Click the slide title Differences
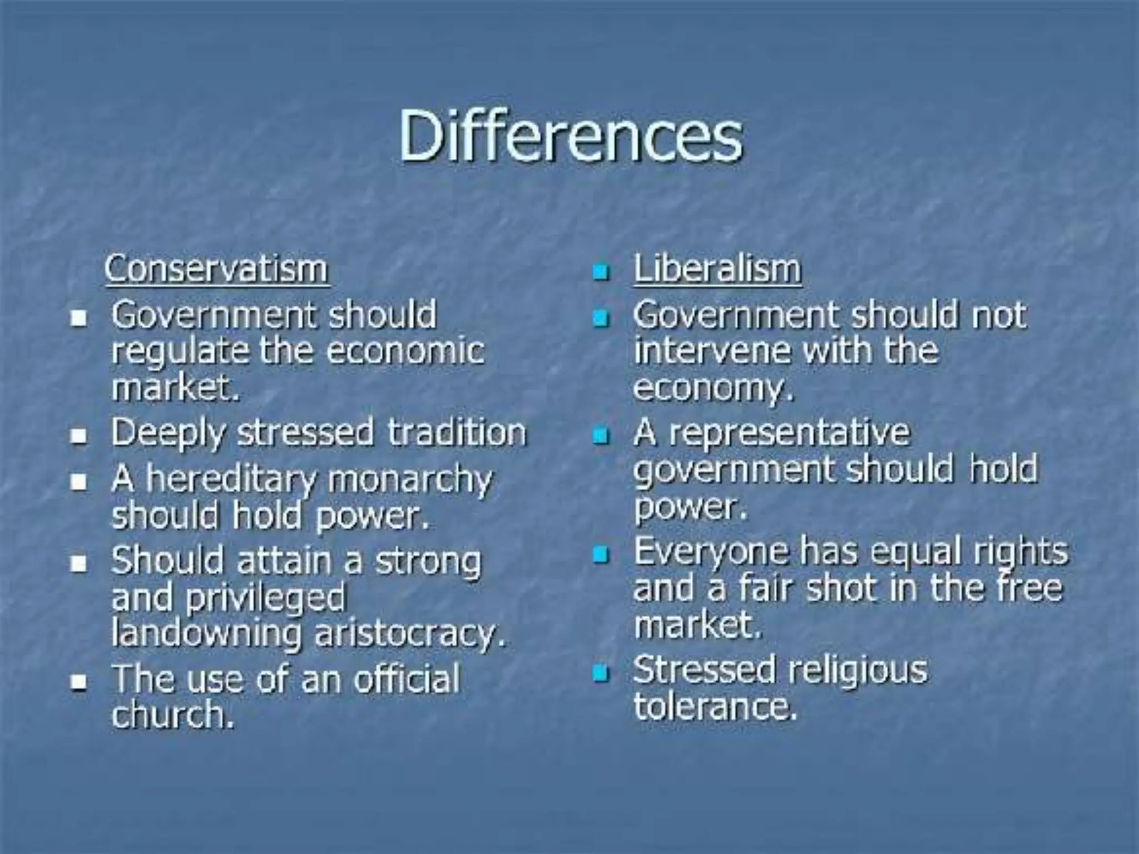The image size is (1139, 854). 571,136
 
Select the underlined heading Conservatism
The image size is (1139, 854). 216,270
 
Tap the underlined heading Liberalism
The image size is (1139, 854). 717,270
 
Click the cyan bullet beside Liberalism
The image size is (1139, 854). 601,272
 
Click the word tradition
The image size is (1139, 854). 457,433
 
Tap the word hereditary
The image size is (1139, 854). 231,479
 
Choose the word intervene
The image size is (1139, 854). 712,351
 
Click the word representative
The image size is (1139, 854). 789,433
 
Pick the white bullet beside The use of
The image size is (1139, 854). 79,681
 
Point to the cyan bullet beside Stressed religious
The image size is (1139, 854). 601,673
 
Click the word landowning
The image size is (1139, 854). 206,634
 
